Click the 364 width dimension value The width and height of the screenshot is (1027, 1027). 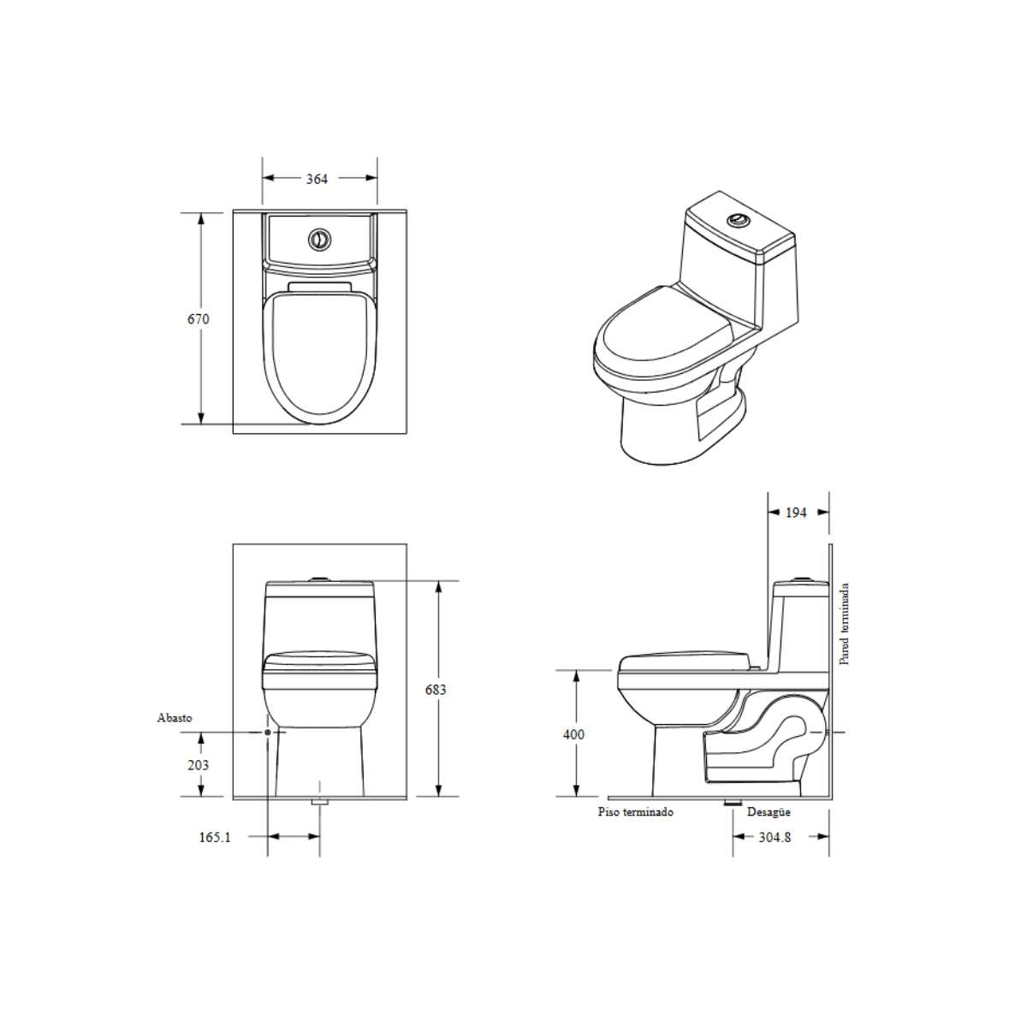coord(317,179)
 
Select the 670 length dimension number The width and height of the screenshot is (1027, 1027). coord(199,318)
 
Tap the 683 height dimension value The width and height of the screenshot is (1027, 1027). coord(436,689)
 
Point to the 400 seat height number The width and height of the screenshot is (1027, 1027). coord(573,733)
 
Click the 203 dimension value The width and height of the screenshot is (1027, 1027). coord(199,765)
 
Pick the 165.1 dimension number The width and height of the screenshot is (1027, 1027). coord(215,837)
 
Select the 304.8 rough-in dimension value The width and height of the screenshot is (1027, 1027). coord(775,837)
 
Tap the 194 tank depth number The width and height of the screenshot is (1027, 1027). coord(796,512)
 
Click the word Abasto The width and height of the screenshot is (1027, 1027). coord(175,717)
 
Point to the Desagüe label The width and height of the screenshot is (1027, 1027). coord(769,811)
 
